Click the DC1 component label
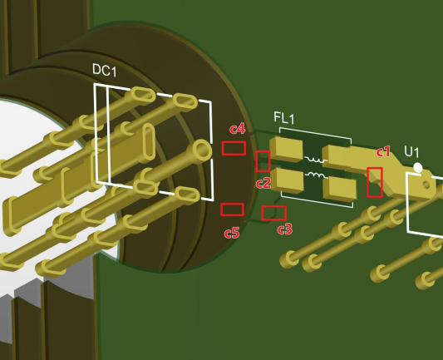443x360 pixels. click(104, 72)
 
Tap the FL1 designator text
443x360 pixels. click(283, 119)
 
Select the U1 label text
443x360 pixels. click(411, 151)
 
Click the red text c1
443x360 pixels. click(383, 151)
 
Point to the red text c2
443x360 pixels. click(263, 182)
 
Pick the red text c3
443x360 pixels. click(284, 229)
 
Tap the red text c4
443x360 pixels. click(237, 129)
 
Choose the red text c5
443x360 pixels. click(232, 233)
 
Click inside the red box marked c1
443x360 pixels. click(375, 182)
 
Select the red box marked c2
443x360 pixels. click(263, 160)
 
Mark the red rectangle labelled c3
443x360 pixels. click(274, 213)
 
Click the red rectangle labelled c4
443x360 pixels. click(234, 148)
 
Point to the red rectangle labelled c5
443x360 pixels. click(232, 210)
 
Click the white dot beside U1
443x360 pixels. click(418, 168)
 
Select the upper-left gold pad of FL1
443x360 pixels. click(288, 150)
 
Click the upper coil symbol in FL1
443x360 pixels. click(314, 159)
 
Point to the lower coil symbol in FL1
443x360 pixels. click(314, 175)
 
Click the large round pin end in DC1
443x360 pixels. click(202, 150)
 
